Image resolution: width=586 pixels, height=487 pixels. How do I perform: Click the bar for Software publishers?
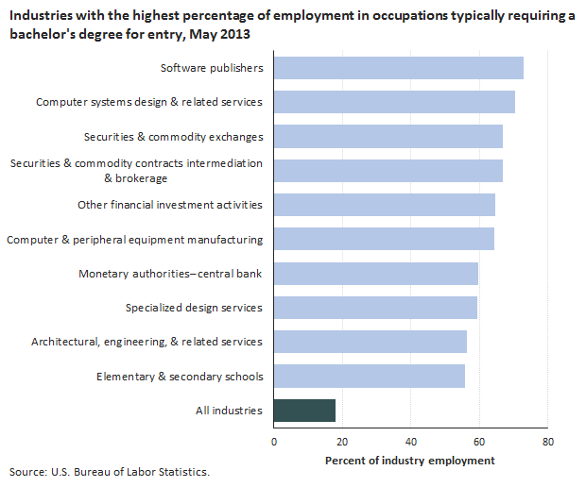pos(398,68)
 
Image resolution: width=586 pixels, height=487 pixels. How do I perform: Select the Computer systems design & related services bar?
pos(394,102)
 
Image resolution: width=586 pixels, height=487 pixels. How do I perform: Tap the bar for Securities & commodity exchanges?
pos(388,137)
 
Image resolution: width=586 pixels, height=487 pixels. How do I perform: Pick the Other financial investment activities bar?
pos(384,205)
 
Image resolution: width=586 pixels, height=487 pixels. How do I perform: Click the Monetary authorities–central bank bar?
pos(375,274)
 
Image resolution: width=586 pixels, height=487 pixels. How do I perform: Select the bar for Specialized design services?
pos(375,308)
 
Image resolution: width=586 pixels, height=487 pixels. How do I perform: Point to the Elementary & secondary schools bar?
pos(369,377)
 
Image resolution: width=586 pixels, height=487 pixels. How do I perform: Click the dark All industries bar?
pos(304,411)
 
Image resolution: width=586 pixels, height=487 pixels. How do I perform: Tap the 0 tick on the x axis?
pos(274,441)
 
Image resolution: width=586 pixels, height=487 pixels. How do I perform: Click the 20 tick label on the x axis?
pos(342,441)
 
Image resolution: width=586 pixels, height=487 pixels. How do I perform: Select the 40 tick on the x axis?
pos(410,441)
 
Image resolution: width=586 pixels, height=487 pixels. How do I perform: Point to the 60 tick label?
pos(478,441)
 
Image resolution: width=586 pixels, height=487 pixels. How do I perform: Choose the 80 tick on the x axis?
pos(546,441)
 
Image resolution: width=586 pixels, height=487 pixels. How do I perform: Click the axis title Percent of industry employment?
pos(409,460)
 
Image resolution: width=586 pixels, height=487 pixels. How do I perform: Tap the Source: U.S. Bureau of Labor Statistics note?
pos(110,471)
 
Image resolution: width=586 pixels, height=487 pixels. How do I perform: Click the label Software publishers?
pos(212,68)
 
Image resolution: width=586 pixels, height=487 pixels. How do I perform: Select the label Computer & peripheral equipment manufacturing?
pos(135,240)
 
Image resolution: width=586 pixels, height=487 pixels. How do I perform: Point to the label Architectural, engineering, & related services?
pos(146,342)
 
